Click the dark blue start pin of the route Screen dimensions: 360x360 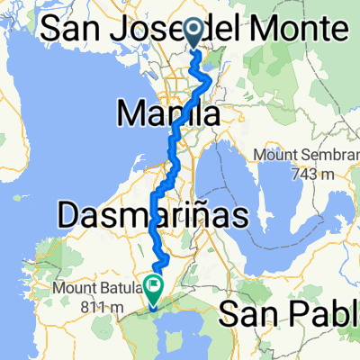point(196,33)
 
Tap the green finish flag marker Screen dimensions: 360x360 point(153,287)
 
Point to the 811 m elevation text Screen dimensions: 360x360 point(102,306)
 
